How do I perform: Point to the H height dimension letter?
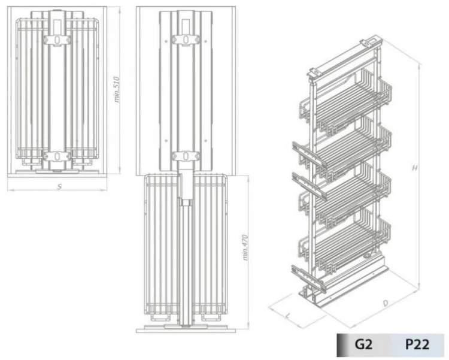(x=414, y=168)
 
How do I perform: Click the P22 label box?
(x=417, y=345)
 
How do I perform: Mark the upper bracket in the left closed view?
(x=57, y=40)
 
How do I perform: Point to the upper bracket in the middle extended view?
(x=185, y=39)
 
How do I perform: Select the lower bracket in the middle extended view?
(x=185, y=156)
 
